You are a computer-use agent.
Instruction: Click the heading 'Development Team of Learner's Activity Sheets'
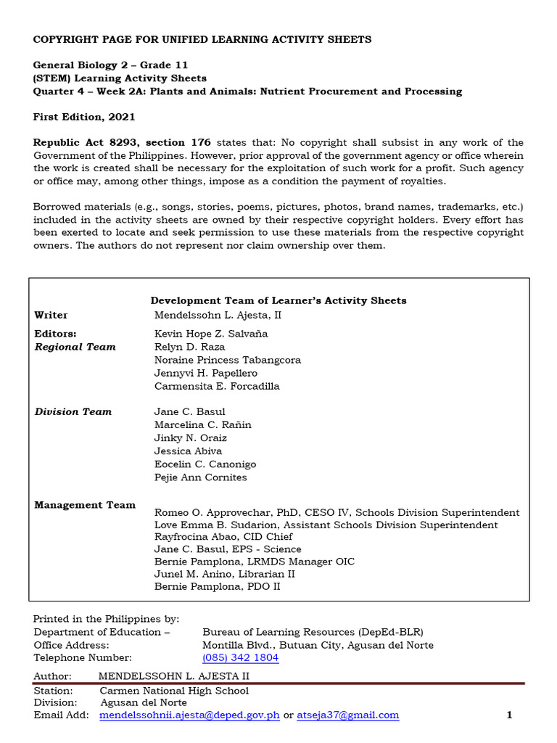(278, 300)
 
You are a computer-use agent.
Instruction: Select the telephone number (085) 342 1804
(240, 658)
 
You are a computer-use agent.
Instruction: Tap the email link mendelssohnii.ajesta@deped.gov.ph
(189, 715)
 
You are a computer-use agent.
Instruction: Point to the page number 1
(509, 715)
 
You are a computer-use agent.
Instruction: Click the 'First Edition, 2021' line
(84, 117)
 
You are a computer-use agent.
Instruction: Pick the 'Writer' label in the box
(51, 316)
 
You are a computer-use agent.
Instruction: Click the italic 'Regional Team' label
(75, 347)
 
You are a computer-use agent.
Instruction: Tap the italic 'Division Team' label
(73, 412)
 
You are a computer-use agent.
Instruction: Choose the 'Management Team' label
(85, 505)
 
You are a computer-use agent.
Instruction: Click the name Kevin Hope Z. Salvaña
(211, 334)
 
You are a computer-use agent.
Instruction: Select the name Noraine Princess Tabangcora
(228, 360)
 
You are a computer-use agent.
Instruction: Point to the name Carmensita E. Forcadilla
(217, 386)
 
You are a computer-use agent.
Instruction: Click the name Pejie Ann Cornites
(201, 477)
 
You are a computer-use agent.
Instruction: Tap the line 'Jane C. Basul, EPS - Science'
(228, 549)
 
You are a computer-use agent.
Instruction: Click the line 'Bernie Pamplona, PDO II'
(218, 586)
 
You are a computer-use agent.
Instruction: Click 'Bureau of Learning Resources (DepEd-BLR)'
(313, 632)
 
